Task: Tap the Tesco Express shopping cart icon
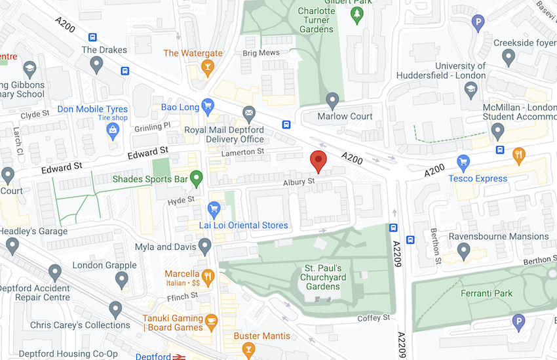(463, 161)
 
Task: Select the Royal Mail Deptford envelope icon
(248, 114)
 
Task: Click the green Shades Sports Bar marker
(196, 178)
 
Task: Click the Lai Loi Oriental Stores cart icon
(213, 209)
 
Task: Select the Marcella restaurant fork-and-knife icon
(208, 275)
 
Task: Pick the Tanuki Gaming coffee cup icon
(211, 321)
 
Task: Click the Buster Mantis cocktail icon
(247, 351)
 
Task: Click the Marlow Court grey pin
(332, 100)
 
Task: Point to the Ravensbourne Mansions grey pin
(464, 250)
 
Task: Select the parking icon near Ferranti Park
(518, 321)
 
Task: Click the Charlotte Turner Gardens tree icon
(356, 14)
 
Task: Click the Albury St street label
(299, 182)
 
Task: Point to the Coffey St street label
(374, 318)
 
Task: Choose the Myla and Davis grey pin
(205, 247)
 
